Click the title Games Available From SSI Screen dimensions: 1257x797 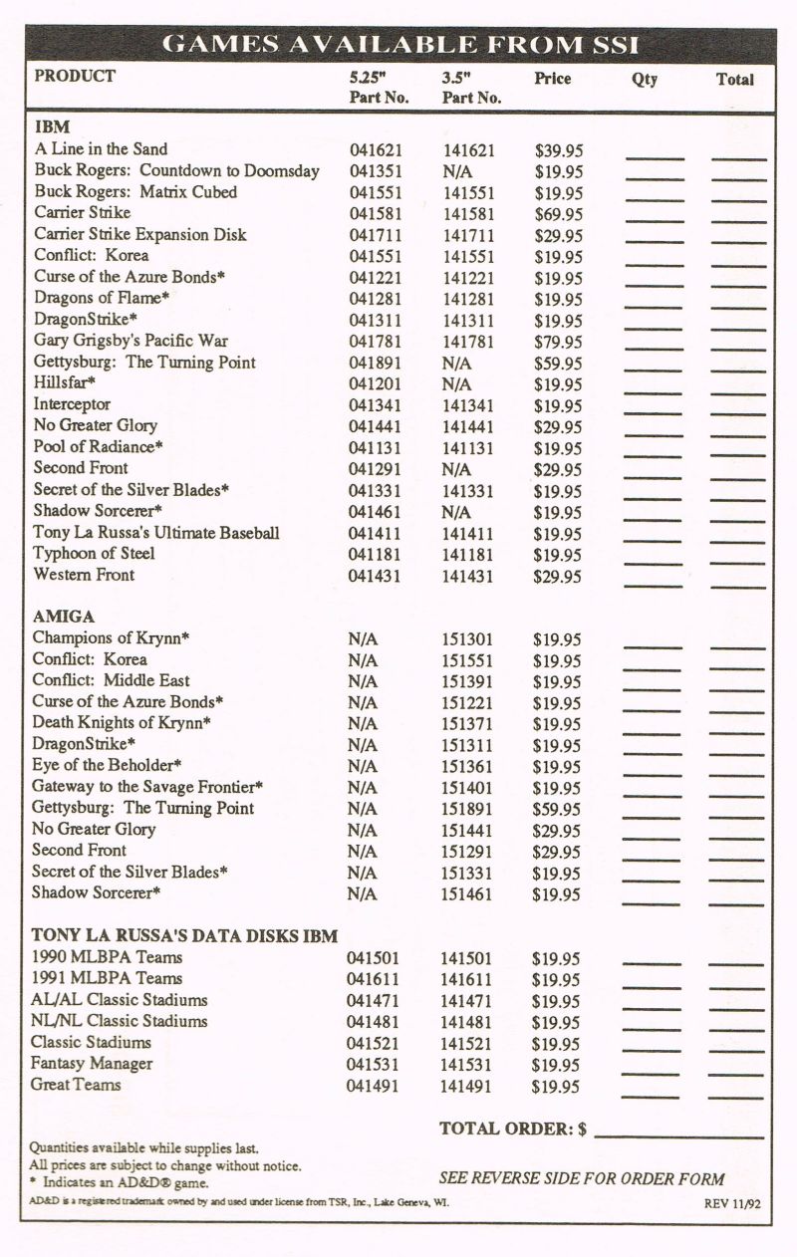400,45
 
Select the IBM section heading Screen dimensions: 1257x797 52,127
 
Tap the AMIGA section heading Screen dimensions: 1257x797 64,617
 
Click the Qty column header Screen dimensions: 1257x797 645,79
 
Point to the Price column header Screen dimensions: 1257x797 552,78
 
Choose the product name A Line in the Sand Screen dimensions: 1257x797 101,149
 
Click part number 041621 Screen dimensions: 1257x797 376,150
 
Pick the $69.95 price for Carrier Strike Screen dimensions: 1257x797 558,214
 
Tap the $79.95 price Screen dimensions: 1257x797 558,342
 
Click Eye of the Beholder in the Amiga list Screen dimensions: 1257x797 107,766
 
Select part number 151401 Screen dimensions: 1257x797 468,788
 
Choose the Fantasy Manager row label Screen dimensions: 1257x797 92,1064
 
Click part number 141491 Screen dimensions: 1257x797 466,1087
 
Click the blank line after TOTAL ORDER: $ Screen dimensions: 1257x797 678,1134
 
